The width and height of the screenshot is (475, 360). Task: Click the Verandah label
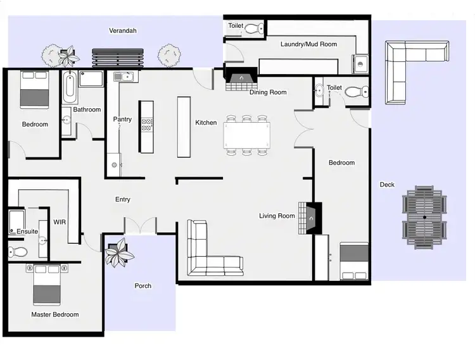tap(123, 30)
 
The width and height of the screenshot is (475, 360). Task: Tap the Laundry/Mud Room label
tap(308, 44)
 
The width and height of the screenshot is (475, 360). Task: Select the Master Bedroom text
tap(55, 314)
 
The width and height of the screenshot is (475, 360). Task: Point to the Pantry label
tap(122, 119)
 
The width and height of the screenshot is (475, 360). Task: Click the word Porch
tap(143, 286)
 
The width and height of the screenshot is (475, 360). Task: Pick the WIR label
tap(60, 222)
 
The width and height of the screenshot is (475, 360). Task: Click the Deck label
tap(387, 185)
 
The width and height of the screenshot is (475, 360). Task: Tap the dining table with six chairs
tap(247, 135)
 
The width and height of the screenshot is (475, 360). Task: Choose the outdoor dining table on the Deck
tap(425, 218)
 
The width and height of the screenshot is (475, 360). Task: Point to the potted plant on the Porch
tap(119, 254)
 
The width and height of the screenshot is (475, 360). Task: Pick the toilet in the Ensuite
tap(17, 252)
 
